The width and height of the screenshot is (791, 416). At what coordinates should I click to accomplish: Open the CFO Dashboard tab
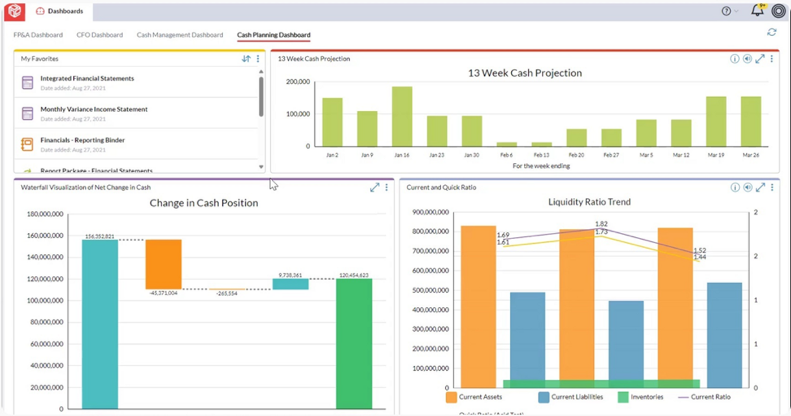click(x=99, y=35)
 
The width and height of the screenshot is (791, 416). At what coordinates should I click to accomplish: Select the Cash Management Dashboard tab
click(x=180, y=35)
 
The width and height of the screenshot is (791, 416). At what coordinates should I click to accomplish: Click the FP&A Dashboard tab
click(x=38, y=35)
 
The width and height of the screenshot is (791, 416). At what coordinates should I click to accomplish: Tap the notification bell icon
click(x=757, y=11)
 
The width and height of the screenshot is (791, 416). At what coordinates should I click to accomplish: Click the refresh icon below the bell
click(x=771, y=32)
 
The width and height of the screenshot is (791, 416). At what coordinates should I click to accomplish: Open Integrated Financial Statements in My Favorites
click(x=87, y=79)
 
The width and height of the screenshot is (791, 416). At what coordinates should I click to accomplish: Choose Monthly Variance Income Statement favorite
click(x=94, y=109)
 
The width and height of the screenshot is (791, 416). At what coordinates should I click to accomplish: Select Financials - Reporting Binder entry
click(x=82, y=140)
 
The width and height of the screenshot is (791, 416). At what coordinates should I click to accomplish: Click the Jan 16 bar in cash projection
click(x=402, y=116)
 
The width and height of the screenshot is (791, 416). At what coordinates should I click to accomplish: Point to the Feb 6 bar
click(x=506, y=144)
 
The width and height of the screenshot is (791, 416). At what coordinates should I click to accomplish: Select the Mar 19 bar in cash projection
click(x=716, y=121)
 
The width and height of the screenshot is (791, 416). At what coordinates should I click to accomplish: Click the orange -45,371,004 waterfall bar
click(x=163, y=264)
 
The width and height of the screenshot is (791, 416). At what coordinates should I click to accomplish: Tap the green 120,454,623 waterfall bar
click(x=354, y=343)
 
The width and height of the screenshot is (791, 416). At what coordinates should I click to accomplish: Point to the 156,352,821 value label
click(x=99, y=236)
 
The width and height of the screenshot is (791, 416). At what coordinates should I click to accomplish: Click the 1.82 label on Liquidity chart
click(x=601, y=224)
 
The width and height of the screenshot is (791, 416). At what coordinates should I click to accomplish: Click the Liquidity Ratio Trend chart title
click(x=589, y=202)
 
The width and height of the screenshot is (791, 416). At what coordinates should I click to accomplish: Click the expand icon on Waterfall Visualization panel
click(x=374, y=188)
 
